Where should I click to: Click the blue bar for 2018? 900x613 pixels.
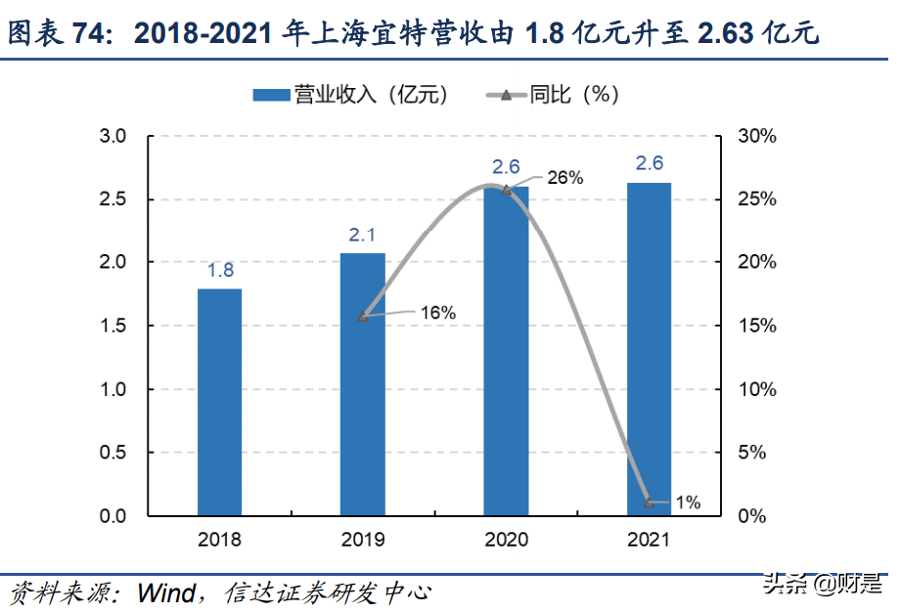click(219, 402)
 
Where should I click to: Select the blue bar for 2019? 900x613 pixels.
click(363, 384)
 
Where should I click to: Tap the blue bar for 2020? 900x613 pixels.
click(506, 351)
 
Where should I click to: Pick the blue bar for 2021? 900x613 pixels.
click(649, 349)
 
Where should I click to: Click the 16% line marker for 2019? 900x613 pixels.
click(363, 317)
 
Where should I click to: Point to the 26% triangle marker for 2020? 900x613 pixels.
click(506, 190)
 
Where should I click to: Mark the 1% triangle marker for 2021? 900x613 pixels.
click(649, 503)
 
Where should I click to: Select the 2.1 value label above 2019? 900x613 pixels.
click(363, 235)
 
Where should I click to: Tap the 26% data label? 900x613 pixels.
click(564, 178)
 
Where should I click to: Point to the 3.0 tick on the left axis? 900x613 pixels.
click(113, 136)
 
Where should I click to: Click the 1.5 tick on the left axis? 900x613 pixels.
click(113, 326)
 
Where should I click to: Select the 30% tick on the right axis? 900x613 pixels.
click(757, 136)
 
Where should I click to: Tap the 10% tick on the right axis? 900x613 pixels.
click(757, 389)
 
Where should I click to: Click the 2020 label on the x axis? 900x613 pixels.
click(506, 539)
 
